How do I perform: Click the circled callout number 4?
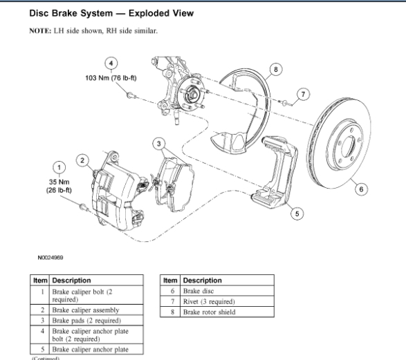click(x=111, y=64)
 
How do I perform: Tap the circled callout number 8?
click(x=275, y=69)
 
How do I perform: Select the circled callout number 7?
click(x=303, y=95)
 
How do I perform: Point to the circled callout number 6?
click(x=361, y=189)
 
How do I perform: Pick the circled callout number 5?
click(x=297, y=214)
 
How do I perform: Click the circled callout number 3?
click(x=159, y=144)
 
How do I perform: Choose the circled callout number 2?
click(x=82, y=160)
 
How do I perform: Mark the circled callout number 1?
click(x=59, y=168)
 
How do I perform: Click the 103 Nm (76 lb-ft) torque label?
click(x=111, y=78)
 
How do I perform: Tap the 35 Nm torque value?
click(x=59, y=182)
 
